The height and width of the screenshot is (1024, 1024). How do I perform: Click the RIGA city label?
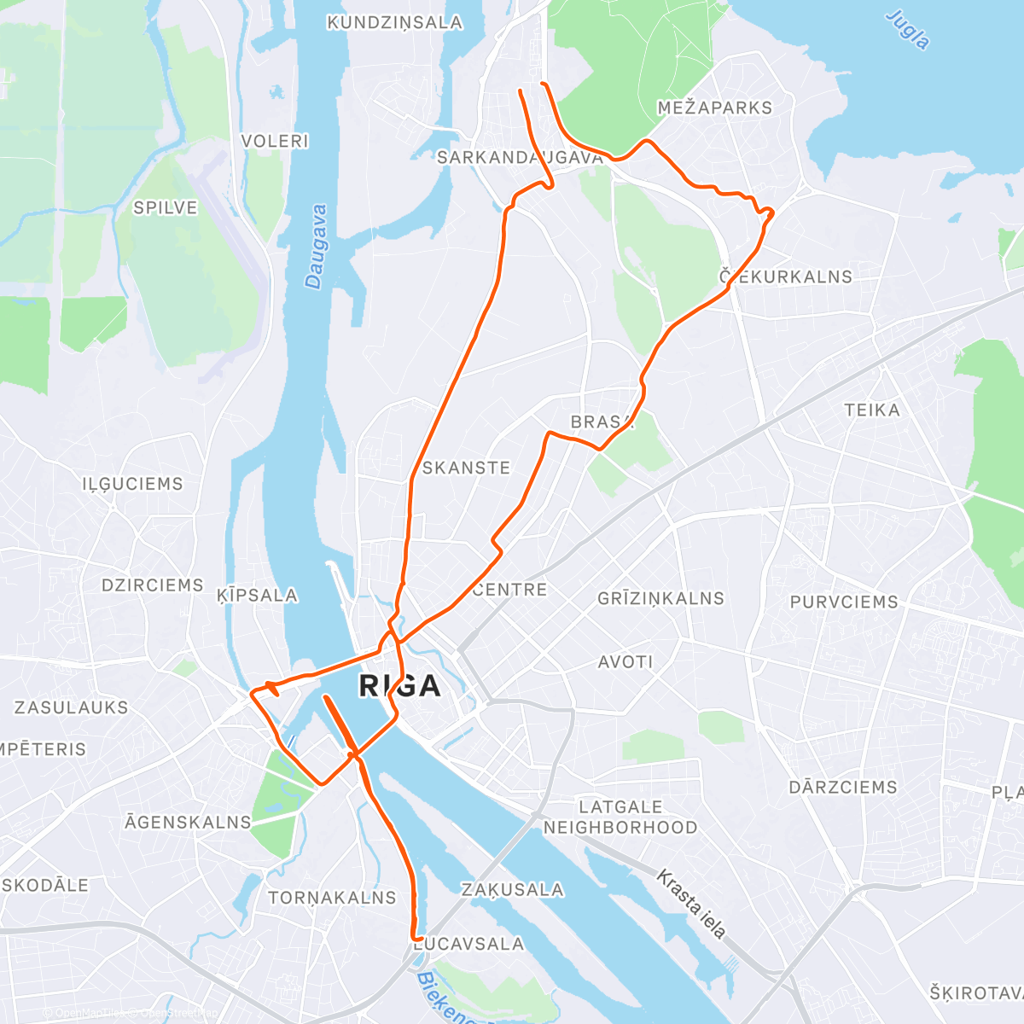(399, 685)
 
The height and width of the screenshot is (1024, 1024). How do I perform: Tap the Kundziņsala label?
(394, 22)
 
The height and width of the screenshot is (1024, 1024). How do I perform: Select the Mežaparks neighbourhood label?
(714, 108)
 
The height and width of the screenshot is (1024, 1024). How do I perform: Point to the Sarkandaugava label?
(520, 157)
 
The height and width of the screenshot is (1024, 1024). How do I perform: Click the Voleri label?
(275, 141)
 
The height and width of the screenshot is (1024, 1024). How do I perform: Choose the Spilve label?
(166, 207)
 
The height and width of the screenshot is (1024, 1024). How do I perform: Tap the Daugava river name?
(316, 247)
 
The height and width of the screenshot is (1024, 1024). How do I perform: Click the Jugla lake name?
(907, 30)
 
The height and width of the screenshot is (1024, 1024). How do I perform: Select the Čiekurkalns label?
(786, 276)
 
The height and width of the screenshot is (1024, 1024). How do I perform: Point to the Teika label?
(872, 410)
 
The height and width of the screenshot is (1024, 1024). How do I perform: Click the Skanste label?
(466, 468)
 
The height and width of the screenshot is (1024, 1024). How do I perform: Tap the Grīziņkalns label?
(660, 598)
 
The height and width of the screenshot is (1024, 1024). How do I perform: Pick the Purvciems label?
(844, 602)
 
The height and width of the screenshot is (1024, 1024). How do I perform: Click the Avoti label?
(625, 661)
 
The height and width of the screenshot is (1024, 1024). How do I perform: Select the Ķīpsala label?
(257, 595)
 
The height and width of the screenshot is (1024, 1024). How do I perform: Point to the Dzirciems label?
(153, 585)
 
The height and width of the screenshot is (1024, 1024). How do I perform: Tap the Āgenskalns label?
(188, 822)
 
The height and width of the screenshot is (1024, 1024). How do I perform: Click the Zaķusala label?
(512, 889)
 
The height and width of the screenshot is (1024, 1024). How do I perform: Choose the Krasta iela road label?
(691, 904)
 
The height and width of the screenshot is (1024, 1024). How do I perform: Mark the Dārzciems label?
(843, 787)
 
